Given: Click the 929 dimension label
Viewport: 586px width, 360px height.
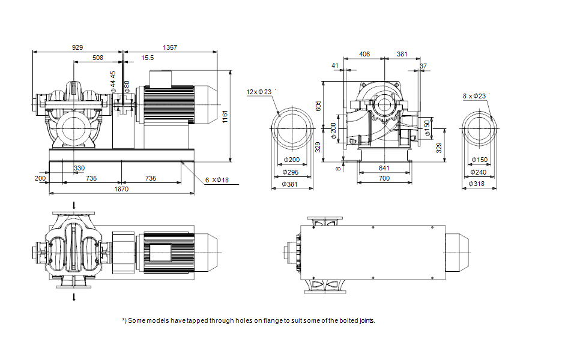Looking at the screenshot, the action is pos(77,47).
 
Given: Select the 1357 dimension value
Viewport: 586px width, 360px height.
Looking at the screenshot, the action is pos(170,47).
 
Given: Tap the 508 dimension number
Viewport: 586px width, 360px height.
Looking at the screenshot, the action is pos(97,58).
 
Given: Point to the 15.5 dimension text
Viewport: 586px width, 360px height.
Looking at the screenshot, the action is pos(147,58).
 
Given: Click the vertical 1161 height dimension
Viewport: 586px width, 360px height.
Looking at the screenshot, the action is pos(225,116).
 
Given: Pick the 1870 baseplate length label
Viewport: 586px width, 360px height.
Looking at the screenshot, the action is pos(121,189).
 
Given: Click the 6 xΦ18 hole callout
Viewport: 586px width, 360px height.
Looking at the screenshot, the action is pos(217,180).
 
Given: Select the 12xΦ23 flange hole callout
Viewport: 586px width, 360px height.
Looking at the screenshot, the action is pos(259,92).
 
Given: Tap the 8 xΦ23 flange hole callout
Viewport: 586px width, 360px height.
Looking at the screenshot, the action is pos(474,96).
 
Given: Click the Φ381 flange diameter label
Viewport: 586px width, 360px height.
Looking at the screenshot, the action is pos(289,184).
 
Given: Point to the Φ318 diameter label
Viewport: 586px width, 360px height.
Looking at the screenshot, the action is pos(477,184).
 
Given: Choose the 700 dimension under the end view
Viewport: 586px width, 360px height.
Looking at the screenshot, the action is pos(384,179).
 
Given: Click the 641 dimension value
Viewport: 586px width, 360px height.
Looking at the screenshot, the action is pos(384,169).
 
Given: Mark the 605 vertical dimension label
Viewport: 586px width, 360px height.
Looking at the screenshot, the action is pos(318,106).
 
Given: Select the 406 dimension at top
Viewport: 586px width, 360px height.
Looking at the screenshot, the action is pos(364,54).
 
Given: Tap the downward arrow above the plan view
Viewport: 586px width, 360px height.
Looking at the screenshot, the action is pos(74,205).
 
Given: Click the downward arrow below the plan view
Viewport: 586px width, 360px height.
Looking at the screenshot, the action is pos(74,297).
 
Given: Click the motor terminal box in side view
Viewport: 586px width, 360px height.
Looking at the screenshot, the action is pos(160,79).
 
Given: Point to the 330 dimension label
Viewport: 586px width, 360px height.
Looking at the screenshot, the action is pos(79,168).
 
